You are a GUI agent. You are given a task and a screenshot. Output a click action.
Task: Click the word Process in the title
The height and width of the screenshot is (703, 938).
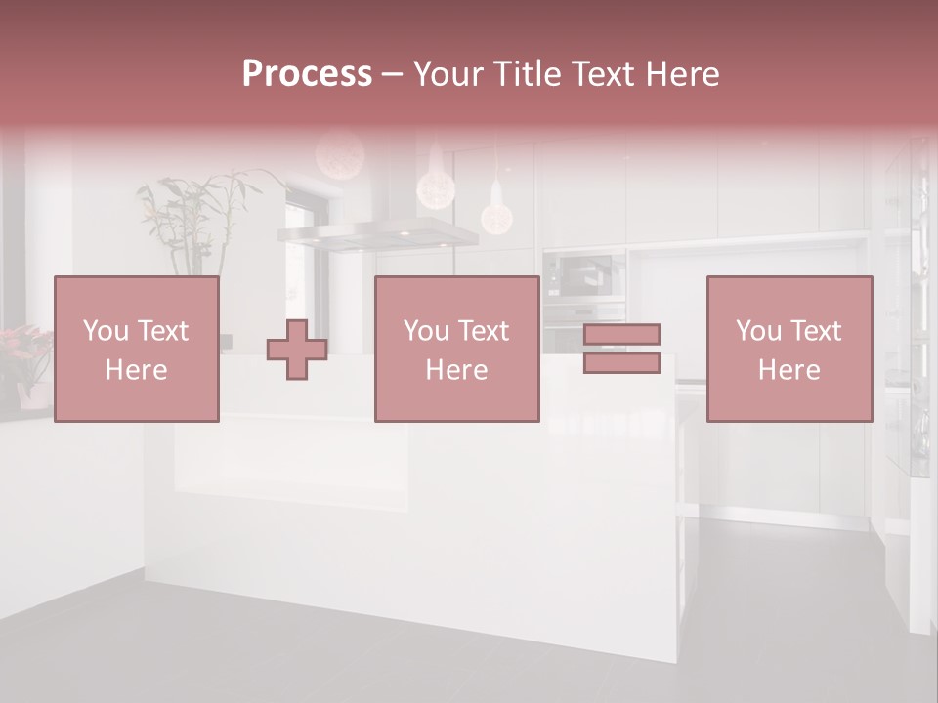coord(307,74)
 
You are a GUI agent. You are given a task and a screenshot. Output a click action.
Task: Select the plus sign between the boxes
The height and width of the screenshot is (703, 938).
coord(297,350)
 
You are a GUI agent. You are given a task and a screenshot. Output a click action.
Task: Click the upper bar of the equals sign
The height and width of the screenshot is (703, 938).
coord(621,335)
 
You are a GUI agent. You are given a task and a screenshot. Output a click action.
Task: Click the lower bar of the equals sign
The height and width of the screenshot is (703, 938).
coord(621,363)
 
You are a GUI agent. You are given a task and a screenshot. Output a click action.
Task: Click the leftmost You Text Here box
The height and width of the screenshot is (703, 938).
coord(136,349)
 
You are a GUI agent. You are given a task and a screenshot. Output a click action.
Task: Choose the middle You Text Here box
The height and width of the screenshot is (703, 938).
coord(456,349)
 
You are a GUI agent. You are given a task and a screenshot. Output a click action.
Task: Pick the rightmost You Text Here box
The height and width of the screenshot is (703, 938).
coord(789,349)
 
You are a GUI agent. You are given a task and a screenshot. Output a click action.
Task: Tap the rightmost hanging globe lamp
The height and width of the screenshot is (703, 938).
coord(496,218)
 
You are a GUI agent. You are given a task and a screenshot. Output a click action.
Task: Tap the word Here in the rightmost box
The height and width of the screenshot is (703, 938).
coord(789,370)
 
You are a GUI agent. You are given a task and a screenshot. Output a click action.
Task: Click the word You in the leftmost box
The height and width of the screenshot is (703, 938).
coord(105,331)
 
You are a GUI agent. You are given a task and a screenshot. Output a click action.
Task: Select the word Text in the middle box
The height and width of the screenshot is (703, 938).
coord(483,331)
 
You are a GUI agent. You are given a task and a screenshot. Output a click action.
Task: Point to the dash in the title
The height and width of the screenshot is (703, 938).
coord(392,74)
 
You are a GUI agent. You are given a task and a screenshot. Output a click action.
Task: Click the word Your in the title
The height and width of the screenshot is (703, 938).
coord(448,74)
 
